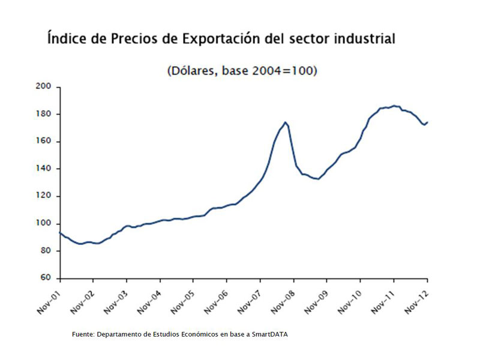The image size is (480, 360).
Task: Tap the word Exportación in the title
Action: [x=223, y=40]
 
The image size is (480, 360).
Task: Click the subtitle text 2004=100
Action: [x=283, y=71]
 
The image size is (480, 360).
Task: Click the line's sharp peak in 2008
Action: [x=286, y=122]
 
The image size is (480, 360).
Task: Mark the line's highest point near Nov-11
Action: [x=394, y=106]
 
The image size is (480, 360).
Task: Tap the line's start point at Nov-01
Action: [x=60, y=232]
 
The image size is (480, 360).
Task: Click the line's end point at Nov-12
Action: [x=427, y=122]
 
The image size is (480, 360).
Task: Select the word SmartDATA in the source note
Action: [x=269, y=335]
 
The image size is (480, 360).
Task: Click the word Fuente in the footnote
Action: [x=82, y=335]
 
